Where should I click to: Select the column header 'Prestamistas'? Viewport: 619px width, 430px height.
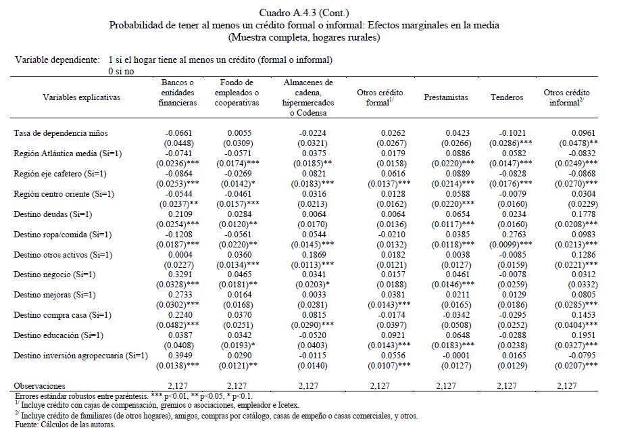tap(445, 97)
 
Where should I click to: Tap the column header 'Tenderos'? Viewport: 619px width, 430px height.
tap(507, 97)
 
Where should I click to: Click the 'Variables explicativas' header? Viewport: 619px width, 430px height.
tap(81, 97)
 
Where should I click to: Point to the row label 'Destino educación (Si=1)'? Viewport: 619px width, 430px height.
tap(58, 335)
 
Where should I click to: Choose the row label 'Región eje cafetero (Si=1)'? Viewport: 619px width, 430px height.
tap(60, 174)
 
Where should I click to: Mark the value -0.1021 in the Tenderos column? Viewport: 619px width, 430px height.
tap(507, 133)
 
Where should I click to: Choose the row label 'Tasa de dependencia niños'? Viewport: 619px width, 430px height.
tap(61, 133)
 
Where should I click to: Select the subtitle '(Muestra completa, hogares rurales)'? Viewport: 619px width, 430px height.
tap(304, 37)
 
